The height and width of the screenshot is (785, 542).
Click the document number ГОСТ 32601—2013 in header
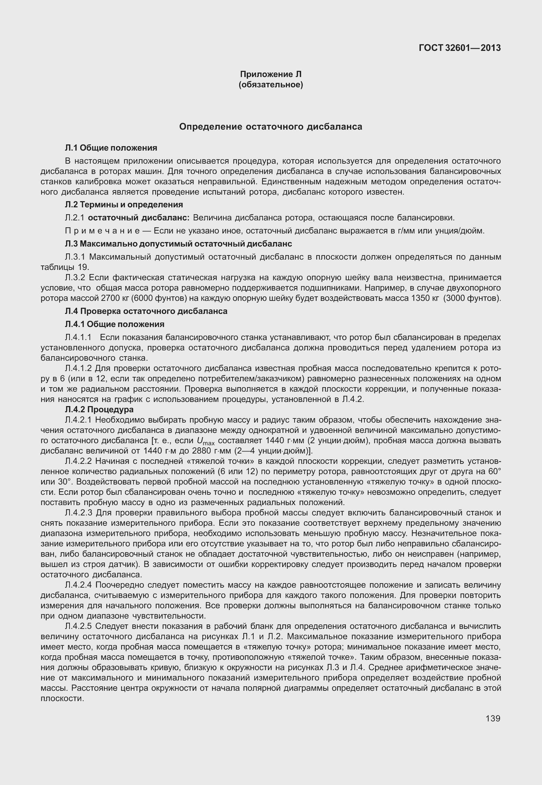pyautogui.click(x=459, y=48)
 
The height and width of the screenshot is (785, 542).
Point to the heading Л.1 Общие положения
pyautogui.click(x=111, y=148)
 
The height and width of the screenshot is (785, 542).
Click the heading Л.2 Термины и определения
pyautogui.click(x=124, y=205)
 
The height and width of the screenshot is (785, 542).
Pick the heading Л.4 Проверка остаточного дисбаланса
pyautogui.click(x=146, y=311)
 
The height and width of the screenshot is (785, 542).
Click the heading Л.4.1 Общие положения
pyautogui.click(x=115, y=324)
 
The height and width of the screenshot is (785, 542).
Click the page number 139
pyautogui.click(x=493, y=719)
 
